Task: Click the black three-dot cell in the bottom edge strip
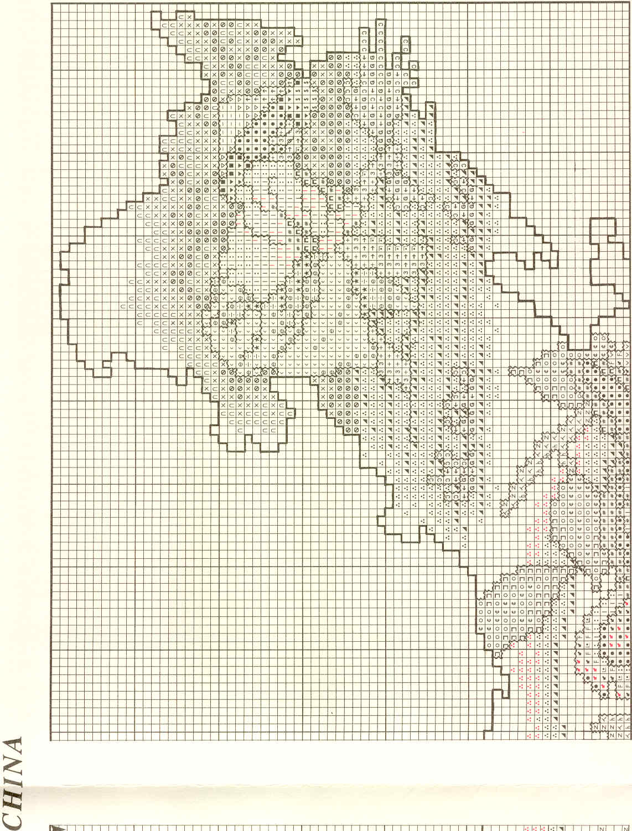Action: pos(554,828)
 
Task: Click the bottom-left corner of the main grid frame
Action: pos(51,740)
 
